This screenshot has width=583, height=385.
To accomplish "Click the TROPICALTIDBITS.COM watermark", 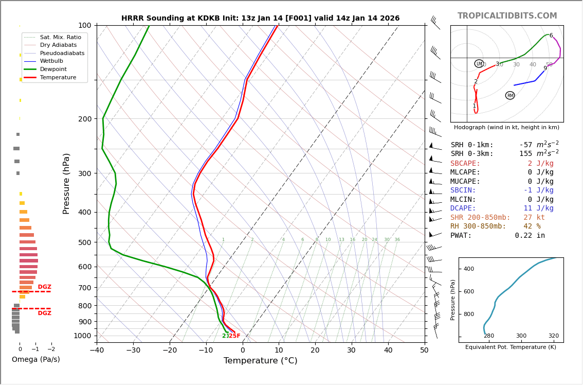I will tap(507, 16).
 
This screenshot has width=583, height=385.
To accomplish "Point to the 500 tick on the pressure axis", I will tap(84, 242).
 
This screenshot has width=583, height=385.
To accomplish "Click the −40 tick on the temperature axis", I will tap(97, 351).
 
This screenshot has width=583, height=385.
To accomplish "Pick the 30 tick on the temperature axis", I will tap(351, 351).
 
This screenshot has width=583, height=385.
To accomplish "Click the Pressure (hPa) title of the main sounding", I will tap(66, 183).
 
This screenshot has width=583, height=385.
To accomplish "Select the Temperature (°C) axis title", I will tap(260, 361).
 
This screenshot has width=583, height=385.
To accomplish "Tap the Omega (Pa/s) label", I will tap(35, 360).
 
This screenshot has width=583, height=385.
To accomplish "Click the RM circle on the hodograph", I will tap(510, 96).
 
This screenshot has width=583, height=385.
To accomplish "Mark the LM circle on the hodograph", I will tap(479, 64).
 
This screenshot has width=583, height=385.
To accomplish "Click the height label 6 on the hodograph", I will tap(551, 36).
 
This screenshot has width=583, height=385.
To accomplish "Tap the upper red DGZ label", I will tap(45, 287).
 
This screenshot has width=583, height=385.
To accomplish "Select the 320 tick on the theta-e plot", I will tap(553, 336).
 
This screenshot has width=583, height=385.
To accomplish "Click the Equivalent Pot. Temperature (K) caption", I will tap(511, 347).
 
